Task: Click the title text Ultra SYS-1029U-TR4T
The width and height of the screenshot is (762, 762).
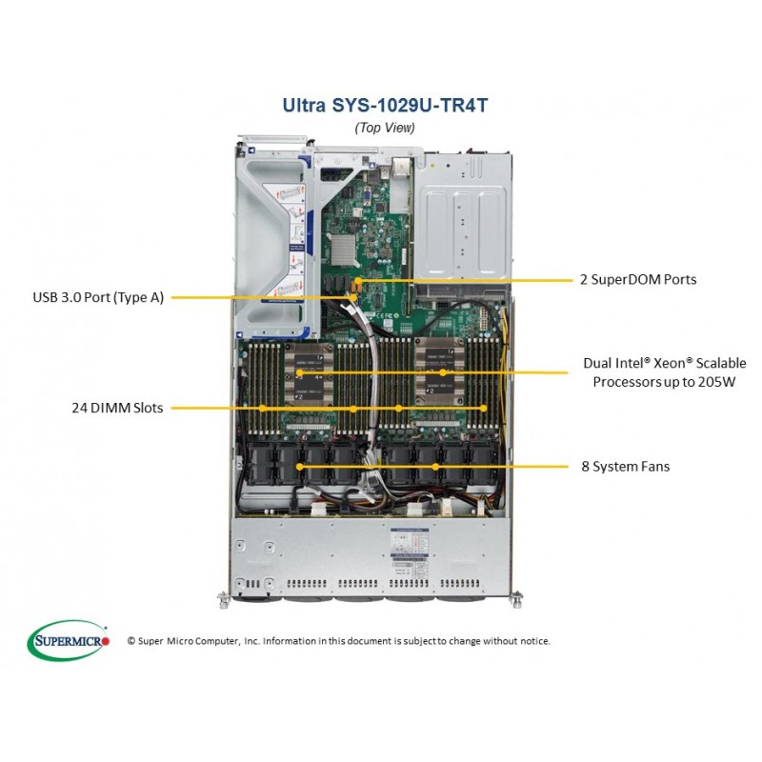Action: pyautogui.click(x=385, y=106)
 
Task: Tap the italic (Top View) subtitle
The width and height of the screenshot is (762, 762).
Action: pyautogui.click(x=385, y=128)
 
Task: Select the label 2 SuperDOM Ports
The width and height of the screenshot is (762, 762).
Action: pyautogui.click(x=638, y=279)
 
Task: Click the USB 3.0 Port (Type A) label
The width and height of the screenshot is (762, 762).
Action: pyautogui.click(x=98, y=297)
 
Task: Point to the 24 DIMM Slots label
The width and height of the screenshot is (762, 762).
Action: pyautogui.click(x=117, y=408)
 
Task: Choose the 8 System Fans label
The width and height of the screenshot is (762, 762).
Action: pyautogui.click(x=626, y=467)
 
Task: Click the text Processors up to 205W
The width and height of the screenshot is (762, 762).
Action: pyautogui.click(x=664, y=382)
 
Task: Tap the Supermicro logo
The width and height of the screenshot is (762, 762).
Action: pyautogui.click(x=69, y=640)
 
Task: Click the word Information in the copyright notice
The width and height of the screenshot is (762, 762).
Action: pyautogui.click(x=290, y=641)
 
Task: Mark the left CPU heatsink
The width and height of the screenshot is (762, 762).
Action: pyautogui.click(x=309, y=374)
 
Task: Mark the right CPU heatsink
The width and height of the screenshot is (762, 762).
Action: pyautogui.click(x=439, y=374)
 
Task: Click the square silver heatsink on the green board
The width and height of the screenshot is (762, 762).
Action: pyautogui.click(x=345, y=251)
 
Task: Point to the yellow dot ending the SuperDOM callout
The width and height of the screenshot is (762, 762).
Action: pyautogui.click(x=358, y=280)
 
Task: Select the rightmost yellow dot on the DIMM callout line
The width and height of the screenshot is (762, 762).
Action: pyautogui.click(x=483, y=409)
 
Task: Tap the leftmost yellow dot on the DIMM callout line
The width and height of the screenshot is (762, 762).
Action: pyautogui.click(x=263, y=409)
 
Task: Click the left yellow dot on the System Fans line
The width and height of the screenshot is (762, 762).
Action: pyautogui.click(x=299, y=467)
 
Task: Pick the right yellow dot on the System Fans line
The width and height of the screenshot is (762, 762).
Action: pyautogui.click(x=435, y=467)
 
